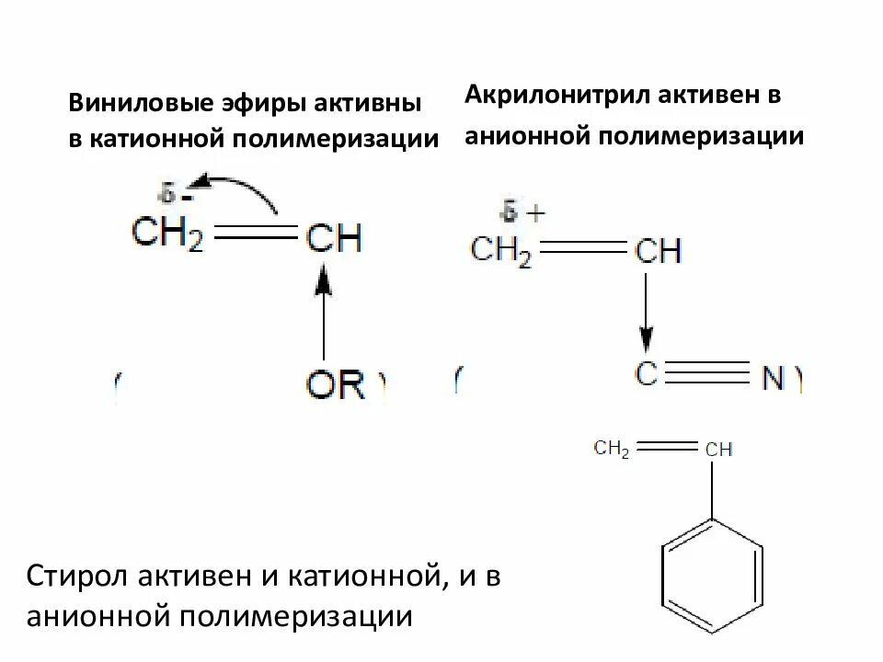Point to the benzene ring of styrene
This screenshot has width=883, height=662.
pos(713,571)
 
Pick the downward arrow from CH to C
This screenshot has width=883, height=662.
pos(647,313)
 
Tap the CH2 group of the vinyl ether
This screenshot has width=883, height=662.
pos(166,236)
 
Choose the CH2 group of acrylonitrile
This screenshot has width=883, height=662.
pos(501,250)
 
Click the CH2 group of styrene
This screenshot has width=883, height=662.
pos(612,449)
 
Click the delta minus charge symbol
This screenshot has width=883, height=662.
pos(176,195)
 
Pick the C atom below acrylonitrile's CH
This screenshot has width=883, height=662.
pos(647,374)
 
